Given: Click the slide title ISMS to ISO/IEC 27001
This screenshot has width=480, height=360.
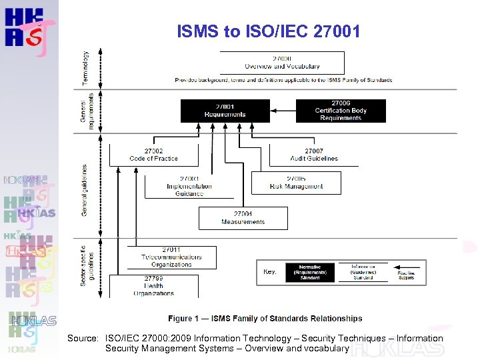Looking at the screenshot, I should tap(269, 31).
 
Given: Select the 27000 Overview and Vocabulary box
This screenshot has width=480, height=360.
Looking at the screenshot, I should tap(282, 63).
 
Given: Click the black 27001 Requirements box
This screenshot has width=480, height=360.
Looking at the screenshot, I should tap(225, 111).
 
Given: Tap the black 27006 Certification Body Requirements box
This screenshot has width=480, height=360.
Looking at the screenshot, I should tap(341, 111).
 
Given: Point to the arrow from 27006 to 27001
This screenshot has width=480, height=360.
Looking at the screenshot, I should tap(283, 111).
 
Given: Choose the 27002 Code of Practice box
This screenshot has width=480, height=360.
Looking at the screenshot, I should tap(153, 155).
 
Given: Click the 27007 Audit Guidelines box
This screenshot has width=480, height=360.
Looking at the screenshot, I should tap(314, 155).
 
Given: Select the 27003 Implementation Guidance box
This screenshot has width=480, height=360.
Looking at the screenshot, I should tap(189, 186).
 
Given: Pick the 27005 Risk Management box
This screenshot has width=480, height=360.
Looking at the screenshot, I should tap(296, 183).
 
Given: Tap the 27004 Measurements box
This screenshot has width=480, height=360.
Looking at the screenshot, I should tap(243, 218).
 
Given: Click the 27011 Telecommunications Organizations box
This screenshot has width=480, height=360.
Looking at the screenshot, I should tap(171, 257).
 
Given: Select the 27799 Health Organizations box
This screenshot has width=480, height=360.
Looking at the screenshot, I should tap(153, 286).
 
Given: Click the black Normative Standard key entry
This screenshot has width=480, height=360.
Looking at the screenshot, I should tap(310, 272).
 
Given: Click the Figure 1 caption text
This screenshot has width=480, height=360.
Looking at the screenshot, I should tap(265, 319).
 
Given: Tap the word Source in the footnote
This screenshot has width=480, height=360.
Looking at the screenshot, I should tap(83, 339).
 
